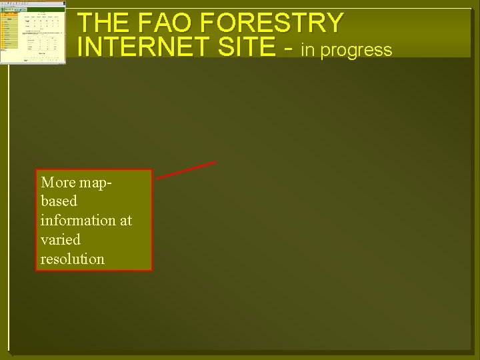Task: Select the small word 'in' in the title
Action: [309, 49]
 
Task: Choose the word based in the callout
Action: [59, 201]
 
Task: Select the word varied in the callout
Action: [60, 239]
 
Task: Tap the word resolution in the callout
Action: [72, 259]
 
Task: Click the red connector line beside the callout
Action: [187, 170]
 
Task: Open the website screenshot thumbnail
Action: [33, 32]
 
